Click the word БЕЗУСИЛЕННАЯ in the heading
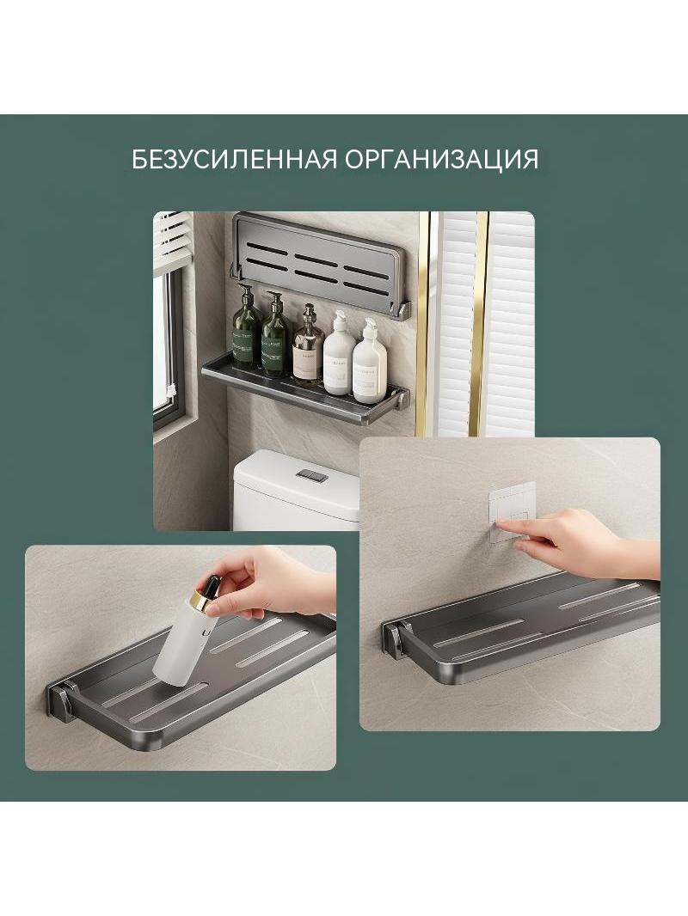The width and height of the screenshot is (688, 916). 234,159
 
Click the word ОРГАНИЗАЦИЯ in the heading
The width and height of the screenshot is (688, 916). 441,159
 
